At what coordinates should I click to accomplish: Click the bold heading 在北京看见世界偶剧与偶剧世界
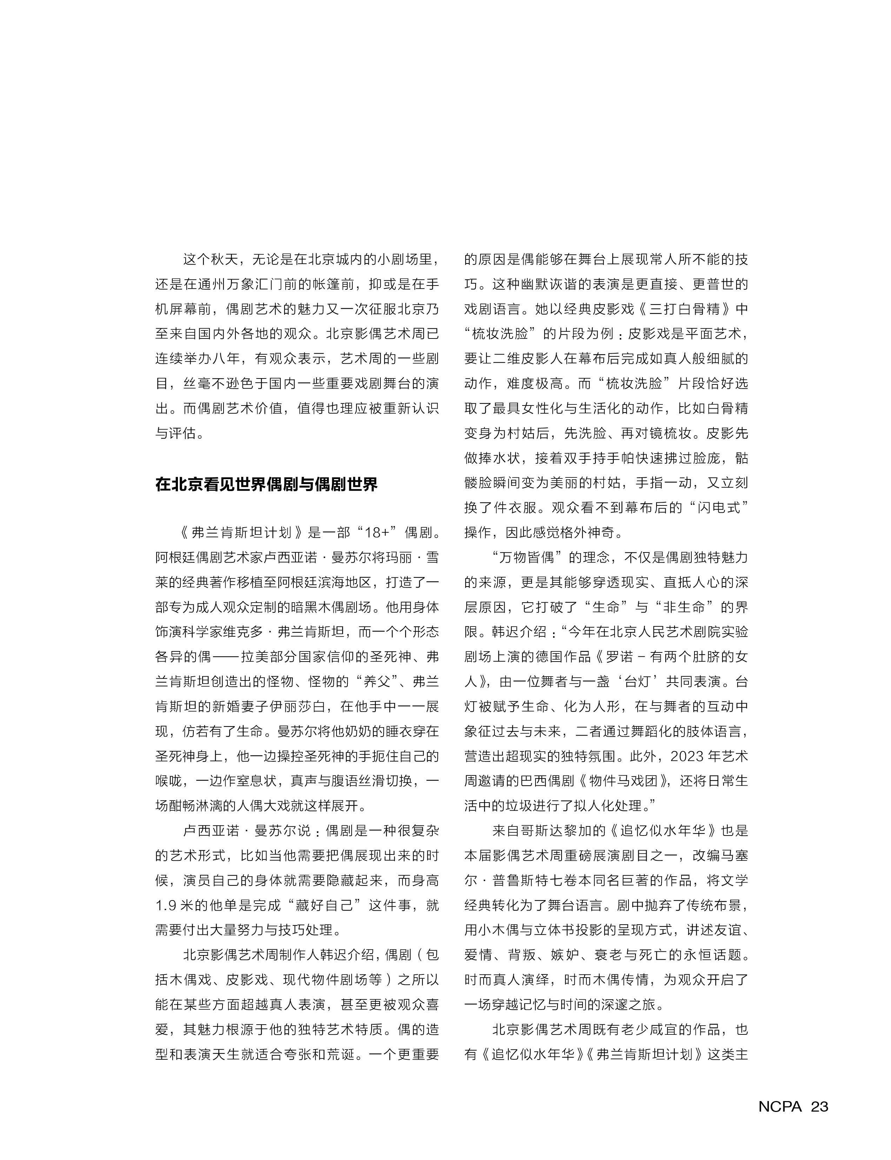point(266,484)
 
